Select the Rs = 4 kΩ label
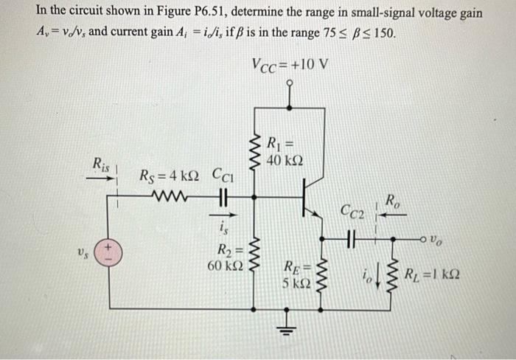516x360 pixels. tap(169, 177)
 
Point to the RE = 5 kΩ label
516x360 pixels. tap(298, 273)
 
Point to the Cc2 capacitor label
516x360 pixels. tap(352, 213)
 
